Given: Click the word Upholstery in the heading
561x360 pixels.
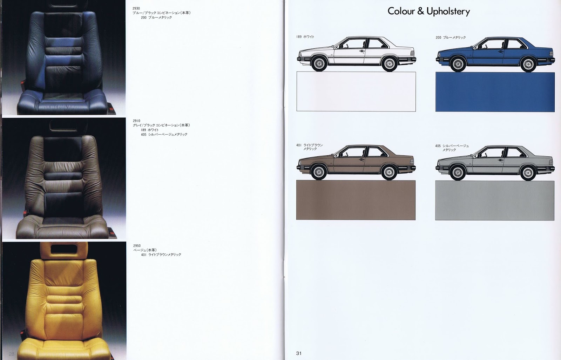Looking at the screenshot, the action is [448, 12].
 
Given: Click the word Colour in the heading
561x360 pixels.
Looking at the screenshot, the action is [401, 11].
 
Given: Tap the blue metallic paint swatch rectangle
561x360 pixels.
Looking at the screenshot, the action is [495, 92].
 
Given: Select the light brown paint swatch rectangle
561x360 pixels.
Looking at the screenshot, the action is [356, 200].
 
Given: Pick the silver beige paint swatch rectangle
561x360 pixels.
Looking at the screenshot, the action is [495, 201].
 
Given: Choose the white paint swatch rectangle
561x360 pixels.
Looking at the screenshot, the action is [356, 91].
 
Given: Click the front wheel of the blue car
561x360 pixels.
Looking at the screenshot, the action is [458, 64].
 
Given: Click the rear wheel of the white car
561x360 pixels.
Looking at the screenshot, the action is [389, 64].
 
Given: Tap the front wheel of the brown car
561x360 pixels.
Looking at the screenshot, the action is [319, 172].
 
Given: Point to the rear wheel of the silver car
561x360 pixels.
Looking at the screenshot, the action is [528, 173].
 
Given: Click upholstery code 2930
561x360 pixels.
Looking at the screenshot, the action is [136, 8].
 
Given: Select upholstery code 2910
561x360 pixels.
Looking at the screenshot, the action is [136, 121].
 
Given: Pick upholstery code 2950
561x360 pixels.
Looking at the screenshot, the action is [137, 246].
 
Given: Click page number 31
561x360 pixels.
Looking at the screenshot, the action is [299, 353].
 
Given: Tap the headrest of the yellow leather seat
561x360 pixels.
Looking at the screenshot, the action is [64, 250].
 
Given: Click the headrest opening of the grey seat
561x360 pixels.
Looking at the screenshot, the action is [64, 125].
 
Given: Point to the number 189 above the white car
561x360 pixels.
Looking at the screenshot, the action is [299, 37].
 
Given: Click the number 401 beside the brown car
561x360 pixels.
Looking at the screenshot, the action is [299, 145].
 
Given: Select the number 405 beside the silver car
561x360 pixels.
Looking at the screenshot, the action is [438, 146].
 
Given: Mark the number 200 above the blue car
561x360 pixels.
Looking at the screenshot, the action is [438, 38].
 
